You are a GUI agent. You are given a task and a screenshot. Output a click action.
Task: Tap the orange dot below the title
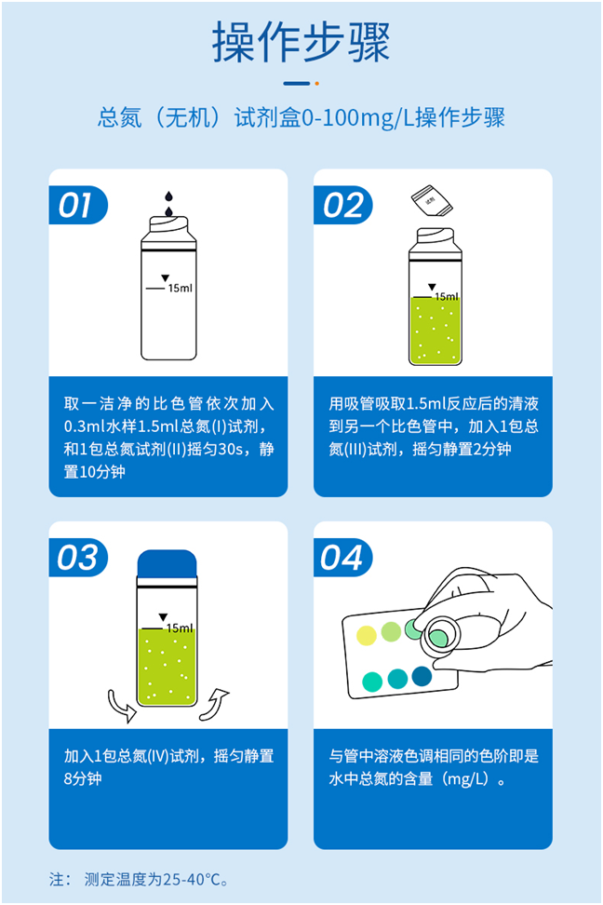(317, 83)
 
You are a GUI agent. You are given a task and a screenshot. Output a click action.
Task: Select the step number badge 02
(342, 205)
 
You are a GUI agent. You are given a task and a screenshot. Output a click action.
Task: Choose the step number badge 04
(342, 557)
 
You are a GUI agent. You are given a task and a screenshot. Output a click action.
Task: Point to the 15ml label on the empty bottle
(181, 289)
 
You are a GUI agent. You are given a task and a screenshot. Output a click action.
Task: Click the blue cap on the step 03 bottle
(167, 564)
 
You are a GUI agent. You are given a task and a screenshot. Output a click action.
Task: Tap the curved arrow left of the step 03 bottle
(121, 704)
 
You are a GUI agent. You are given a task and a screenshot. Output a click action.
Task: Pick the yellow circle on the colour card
(367, 635)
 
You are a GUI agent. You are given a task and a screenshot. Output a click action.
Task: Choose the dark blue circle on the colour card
(422, 676)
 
